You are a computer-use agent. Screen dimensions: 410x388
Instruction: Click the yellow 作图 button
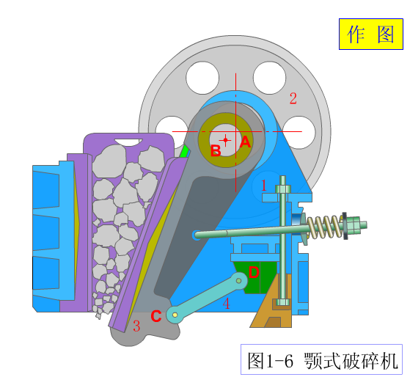tap(371, 34)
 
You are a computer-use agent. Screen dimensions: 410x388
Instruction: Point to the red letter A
tap(245, 142)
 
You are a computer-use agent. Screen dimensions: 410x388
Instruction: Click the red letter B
tap(216, 151)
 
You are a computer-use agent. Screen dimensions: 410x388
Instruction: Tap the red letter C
tap(156, 316)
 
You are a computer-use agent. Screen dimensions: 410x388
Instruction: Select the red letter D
tap(254, 272)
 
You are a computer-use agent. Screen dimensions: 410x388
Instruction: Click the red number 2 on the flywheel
tap(293, 98)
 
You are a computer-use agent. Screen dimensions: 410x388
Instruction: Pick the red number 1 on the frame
tap(264, 186)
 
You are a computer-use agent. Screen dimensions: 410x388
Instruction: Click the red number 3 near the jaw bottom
tap(136, 326)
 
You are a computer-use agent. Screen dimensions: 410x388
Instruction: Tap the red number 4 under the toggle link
tap(226, 304)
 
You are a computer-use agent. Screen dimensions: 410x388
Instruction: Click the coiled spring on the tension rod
tap(325, 227)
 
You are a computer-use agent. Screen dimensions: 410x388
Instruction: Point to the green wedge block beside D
tap(255, 277)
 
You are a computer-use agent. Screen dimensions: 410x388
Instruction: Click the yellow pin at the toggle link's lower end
tap(175, 315)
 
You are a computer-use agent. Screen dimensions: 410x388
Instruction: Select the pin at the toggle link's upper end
tap(238, 281)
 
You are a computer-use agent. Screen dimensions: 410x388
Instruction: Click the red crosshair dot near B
tap(225, 140)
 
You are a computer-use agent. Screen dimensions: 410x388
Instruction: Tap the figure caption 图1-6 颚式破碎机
tap(323, 361)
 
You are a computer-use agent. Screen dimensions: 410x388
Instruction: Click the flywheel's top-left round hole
tap(202, 78)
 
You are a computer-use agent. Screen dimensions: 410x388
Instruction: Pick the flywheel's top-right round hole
tap(270, 78)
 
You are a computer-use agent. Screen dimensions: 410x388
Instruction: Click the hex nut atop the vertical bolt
tap(283, 189)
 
